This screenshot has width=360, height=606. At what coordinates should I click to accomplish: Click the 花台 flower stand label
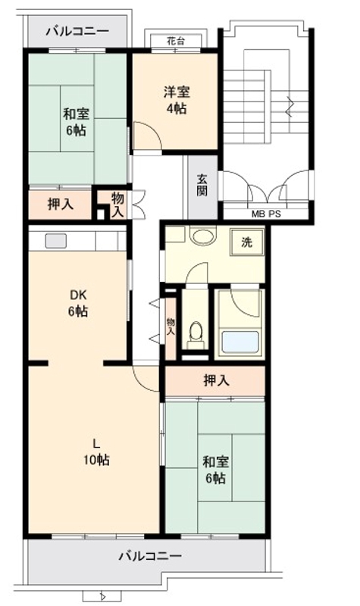[x=176, y=41]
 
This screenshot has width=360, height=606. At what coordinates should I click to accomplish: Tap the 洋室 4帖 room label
[x=177, y=101]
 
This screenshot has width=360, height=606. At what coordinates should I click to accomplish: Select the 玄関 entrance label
[x=202, y=185]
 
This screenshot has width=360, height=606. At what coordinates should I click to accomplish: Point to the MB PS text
[x=267, y=214]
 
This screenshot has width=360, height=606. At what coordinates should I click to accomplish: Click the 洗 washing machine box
[x=247, y=242]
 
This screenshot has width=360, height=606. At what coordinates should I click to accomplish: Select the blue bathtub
[x=240, y=342]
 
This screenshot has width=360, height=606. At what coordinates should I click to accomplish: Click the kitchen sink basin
[x=56, y=241]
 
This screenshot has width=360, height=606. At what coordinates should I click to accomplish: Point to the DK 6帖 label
[x=78, y=304]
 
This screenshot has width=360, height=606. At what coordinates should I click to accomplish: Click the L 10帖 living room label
[x=96, y=451]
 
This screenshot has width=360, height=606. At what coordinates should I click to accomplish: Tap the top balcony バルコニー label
[x=78, y=31]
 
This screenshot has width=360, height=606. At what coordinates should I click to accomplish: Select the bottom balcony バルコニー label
[x=150, y=556]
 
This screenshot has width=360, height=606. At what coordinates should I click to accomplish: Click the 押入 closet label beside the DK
[x=61, y=204]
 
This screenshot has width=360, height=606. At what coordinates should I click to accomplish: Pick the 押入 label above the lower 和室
[x=217, y=381]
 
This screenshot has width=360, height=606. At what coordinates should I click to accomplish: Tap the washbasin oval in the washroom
[x=203, y=236]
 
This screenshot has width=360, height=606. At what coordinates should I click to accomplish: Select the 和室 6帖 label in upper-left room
[x=77, y=122]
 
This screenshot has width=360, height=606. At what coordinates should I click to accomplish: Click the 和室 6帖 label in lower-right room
[x=216, y=470]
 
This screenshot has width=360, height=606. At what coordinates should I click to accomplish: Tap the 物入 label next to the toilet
[x=171, y=326]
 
